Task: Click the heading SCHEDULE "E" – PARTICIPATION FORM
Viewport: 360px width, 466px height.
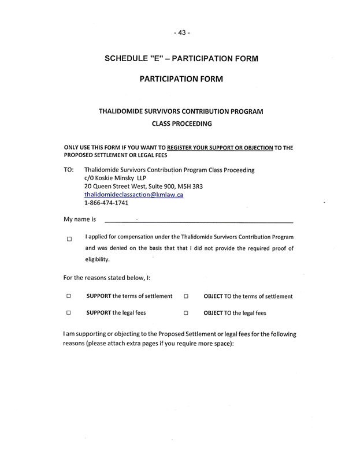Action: [181, 58]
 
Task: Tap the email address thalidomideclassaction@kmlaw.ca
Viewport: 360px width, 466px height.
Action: [133, 195]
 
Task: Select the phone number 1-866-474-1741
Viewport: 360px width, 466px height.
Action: [106, 203]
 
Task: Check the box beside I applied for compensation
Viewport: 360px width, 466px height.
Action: [69, 239]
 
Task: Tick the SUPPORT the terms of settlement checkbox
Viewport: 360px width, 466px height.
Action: [68, 296]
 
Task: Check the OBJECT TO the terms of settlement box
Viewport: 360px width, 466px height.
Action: [186, 296]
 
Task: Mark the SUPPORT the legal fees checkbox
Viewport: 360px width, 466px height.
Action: [68, 313]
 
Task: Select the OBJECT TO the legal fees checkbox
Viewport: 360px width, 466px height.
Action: [186, 313]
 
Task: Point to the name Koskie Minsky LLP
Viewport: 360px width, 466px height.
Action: [121, 178]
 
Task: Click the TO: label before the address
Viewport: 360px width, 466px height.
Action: [69, 170]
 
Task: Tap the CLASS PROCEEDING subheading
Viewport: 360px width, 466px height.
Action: [181, 124]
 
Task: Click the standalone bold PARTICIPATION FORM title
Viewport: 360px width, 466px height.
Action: [181, 79]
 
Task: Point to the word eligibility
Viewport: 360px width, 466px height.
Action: [98, 259]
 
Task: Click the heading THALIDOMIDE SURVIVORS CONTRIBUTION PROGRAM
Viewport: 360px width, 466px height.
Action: [181, 110]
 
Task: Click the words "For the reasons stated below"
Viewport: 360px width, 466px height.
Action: [103, 278]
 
